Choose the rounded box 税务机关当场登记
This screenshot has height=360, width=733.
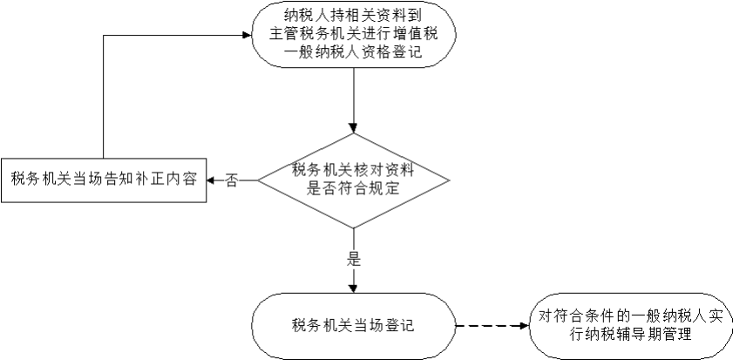click(x=353, y=328)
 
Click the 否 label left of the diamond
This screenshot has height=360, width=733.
click(x=232, y=180)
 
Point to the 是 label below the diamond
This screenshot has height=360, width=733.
click(x=354, y=259)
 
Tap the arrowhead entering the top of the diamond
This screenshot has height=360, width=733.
click(x=353, y=127)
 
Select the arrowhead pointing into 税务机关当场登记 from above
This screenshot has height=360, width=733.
click(x=353, y=288)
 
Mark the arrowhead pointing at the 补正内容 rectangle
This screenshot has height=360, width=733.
click(x=213, y=180)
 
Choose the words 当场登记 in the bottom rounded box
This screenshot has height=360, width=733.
click(x=383, y=328)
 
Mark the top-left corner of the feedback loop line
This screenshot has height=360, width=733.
click(x=104, y=36)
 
